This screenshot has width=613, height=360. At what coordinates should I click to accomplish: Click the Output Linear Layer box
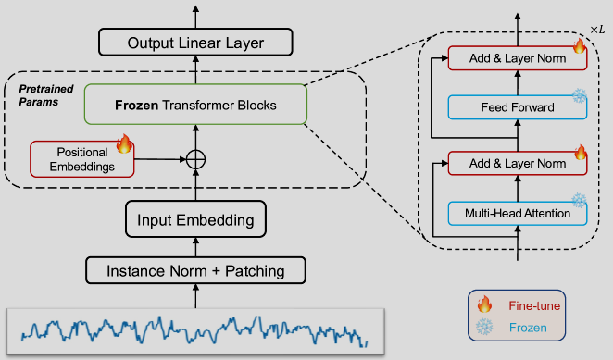195,43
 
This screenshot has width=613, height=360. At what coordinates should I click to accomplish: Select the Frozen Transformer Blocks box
195,105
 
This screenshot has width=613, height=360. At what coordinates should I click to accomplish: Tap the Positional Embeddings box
82,159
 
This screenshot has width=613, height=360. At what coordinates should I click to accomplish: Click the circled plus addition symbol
195,159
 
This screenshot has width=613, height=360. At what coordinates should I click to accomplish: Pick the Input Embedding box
195,219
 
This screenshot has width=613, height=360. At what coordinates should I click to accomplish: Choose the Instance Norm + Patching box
195,270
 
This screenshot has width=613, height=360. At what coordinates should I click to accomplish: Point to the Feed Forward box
518,107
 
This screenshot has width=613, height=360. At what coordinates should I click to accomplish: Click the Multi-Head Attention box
518,214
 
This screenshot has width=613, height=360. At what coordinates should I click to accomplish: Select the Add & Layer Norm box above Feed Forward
518,58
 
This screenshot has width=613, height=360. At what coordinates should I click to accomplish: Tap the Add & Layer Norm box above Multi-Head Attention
518,164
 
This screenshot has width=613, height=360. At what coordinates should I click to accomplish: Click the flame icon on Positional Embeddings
124,143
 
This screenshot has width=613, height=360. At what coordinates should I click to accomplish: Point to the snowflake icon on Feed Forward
580,95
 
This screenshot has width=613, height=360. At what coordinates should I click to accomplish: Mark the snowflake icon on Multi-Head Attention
579,201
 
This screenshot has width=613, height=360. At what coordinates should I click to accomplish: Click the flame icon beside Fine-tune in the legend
484,304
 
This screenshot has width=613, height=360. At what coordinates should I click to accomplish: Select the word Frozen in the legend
528,328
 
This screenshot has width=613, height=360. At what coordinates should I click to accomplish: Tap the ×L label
597,30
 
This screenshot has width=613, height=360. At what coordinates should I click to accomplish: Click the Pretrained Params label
46,95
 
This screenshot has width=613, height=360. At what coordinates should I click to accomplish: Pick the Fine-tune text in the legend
534,305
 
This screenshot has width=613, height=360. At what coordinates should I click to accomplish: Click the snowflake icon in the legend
484,327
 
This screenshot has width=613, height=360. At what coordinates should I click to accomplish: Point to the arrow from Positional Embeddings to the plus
160,159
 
